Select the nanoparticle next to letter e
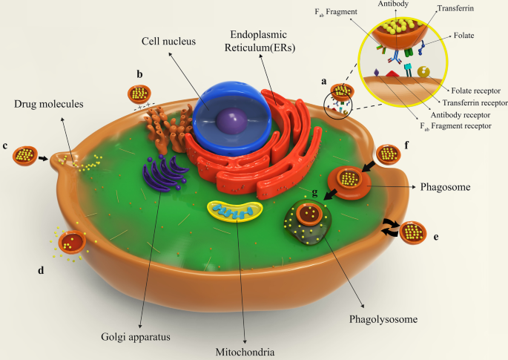[414, 232]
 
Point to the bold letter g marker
[316, 194]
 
